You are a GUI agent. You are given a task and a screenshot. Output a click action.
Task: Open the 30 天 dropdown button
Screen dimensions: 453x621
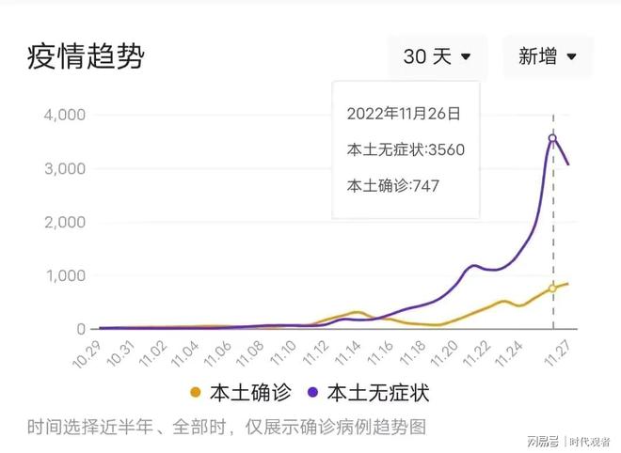point(438,56)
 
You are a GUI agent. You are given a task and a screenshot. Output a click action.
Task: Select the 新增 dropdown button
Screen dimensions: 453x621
point(548,56)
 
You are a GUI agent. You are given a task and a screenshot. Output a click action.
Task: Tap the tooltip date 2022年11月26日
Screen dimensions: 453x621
point(404,114)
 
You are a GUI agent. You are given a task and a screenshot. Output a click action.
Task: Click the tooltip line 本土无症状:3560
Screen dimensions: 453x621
point(406,149)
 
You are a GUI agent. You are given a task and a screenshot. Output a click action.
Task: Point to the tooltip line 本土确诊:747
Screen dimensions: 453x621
point(393,185)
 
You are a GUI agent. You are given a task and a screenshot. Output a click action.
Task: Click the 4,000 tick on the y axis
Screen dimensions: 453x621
point(65,116)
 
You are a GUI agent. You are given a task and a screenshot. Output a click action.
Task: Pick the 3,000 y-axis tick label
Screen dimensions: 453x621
point(65,169)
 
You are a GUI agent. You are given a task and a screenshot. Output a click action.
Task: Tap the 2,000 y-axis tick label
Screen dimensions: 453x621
point(65,223)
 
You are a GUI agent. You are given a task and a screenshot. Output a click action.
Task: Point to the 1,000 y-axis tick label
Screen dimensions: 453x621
point(65,276)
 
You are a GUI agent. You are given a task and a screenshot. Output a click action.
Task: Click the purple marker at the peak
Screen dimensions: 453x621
point(552,138)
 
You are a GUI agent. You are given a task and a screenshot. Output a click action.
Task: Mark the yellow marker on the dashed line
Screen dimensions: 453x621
point(552,289)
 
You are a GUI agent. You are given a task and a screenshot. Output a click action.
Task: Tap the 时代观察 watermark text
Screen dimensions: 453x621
point(588,440)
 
